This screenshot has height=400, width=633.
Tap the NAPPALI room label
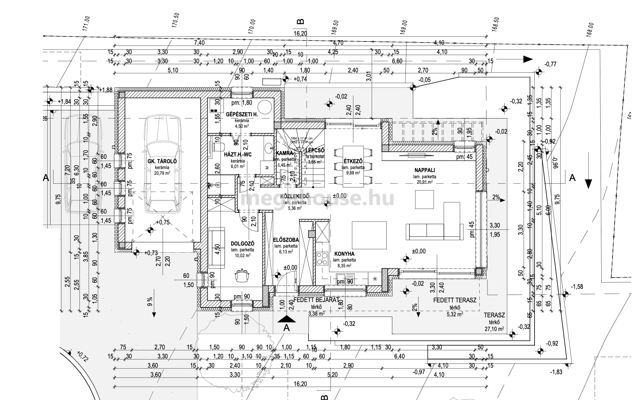tap(424, 170)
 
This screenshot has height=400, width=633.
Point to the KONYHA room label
tap(344, 254)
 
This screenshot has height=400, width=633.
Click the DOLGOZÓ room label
tap(242, 244)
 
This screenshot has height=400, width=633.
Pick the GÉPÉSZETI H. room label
tap(242, 115)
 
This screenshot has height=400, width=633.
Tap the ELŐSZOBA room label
tap(286, 240)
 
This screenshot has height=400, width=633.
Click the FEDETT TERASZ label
tap(454, 300)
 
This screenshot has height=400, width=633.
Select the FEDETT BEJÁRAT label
tap(316, 300)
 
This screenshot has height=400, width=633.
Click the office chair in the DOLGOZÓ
tap(242, 276)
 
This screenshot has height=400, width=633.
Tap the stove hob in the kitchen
tap(322, 258)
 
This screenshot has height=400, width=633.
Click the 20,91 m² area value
tap(424, 182)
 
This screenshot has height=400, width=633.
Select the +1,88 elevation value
tap(106, 90)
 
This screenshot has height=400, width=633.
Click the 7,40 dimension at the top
tap(199, 43)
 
